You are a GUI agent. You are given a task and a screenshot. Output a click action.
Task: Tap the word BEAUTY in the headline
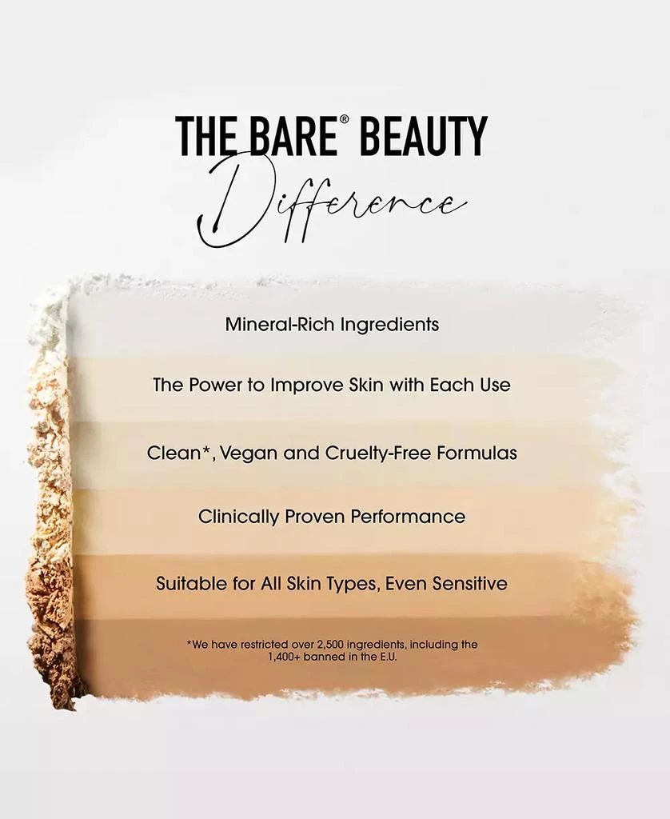423,136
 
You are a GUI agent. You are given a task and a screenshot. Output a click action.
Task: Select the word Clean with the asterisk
177,453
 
